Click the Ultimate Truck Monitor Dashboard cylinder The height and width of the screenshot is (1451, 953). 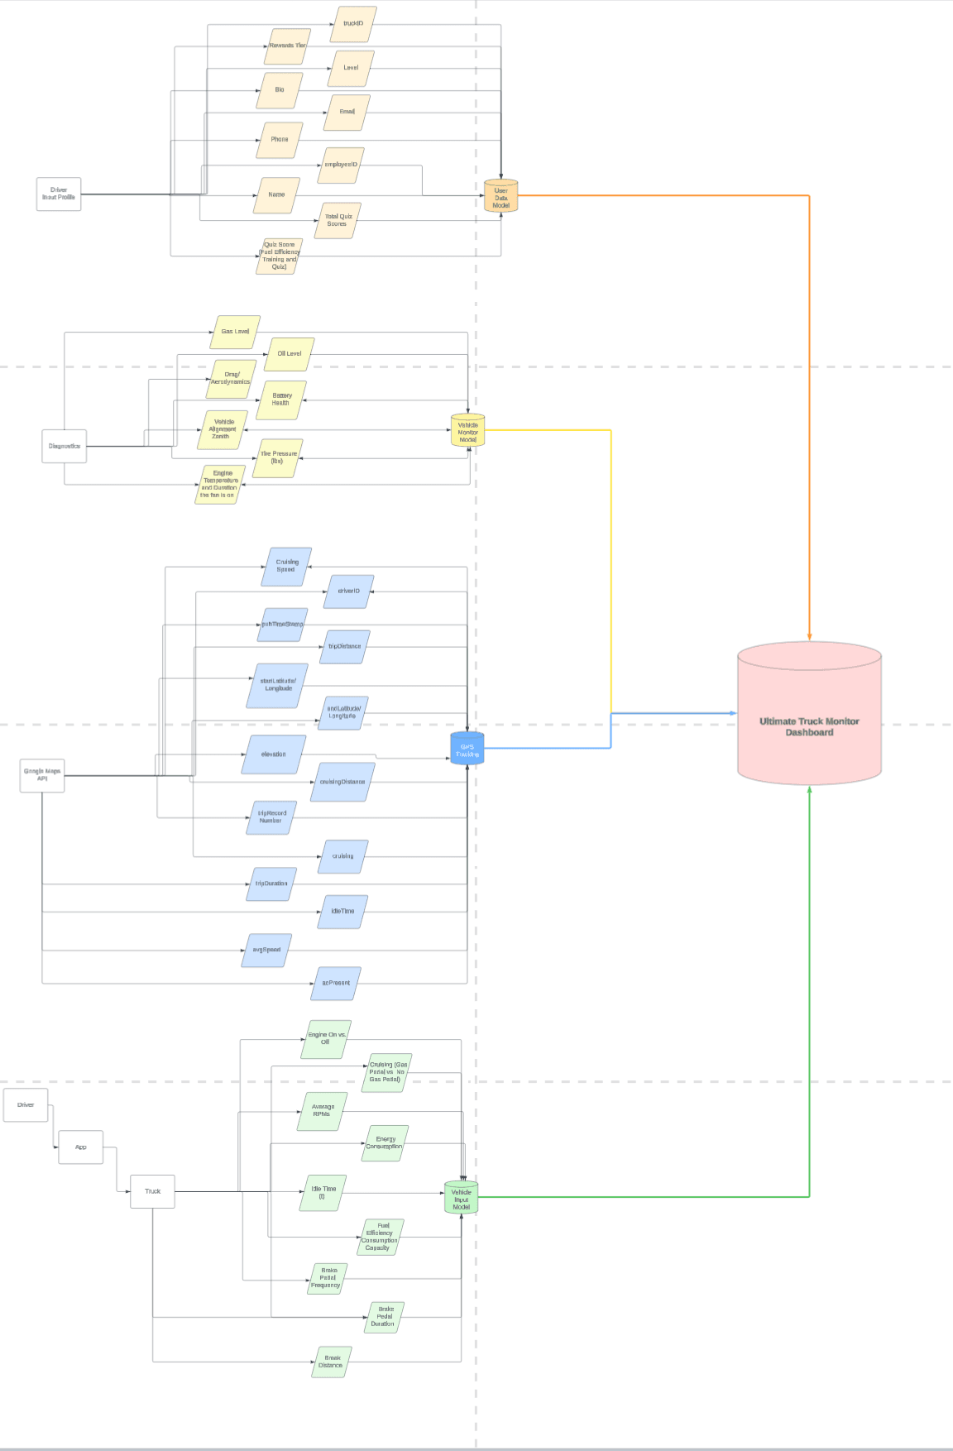pyautogui.click(x=809, y=716)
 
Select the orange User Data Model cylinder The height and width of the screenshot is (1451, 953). pyautogui.click(x=500, y=196)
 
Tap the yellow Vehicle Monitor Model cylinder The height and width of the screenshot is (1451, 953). pyautogui.click(x=467, y=431)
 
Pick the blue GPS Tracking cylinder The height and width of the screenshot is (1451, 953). pyautogui.click(x=467, y=749)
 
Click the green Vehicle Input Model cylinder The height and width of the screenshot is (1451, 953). pyautogui.click(x=461, y=1198)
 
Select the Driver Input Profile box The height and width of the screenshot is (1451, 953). pyautogui.click(x=59, y=194)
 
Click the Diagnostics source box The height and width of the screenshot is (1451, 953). pyautogui.click(x=65, y=446)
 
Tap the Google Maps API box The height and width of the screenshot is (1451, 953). pyautogui.click(x=42, y=775)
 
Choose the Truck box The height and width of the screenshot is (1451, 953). pyautogui.click(x=152, y=1191)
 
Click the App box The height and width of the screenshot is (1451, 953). pyautogui.click(x=81, y=1147)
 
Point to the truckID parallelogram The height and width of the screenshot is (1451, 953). pyautogui.click(x=353, y=24)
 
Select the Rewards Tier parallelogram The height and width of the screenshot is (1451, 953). pyautogui.click(x=287, y=46)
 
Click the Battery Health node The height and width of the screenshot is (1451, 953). pyautogui.click(x=281, y=400)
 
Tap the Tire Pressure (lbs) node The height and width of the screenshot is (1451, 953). pyautogui.click(x=277, y=457)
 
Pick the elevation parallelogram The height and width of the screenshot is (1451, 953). pyautogui.click(x=274, y=754)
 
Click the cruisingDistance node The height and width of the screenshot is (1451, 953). pyautogui.click(x=342, y=782)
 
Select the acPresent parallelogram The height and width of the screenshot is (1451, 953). pyautogui.click(x=336, y=983)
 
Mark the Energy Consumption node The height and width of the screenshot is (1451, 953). pyautogui.click(x=385, y=1142)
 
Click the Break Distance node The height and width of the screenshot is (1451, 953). pyautogui.click(x=331, y=1362)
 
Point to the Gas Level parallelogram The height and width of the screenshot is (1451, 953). pyautogui.click(x=235, y=332)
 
